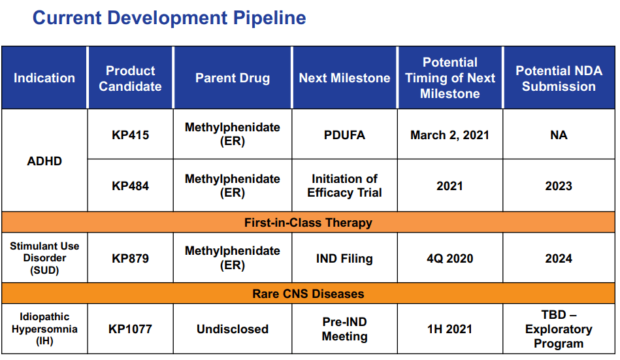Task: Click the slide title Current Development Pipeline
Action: pyautogui.click(x=169, y=18)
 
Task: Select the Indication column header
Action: pyautogui.click(x=44, y=78)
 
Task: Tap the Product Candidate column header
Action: pyautogui.click(x=130, y=78)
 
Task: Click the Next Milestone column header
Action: pyautogui.click(x=344, y=78)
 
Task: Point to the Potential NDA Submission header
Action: pyautogui.click(x=559, y=78)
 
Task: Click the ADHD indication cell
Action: pyautogui.click(x=44, y=161)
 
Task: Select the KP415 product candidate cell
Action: pyautogui.click(x=130, y=135)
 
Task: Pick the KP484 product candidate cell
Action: pyautogui.click(x=130, y=186)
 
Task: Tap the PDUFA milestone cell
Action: pyautogui.click(x=344, y=135)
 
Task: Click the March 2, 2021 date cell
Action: pyautogui.click(x=449, y=135)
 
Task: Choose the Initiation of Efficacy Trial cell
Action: pyautogui.click(x=344, y=186)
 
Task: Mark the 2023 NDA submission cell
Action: pyautogui.click(x=559, y=186)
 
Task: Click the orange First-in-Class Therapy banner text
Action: pyautogui.click(x=308, y=223)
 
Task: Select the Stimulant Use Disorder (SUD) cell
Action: pyautogui.click(x=44, y=258)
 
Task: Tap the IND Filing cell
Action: pyautogui.click(x=344, y=259)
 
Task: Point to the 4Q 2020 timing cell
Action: pyautogui.click(x=449, y=259)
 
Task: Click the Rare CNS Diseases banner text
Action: pyautogui.click(x=308, y=294)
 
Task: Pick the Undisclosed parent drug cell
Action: pyautogui.click(x=233, y=329)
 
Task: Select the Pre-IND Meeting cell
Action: pyautogui.click(x=344, y=329)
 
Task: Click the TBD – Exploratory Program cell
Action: pyautogui.click(x=559, y=329)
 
